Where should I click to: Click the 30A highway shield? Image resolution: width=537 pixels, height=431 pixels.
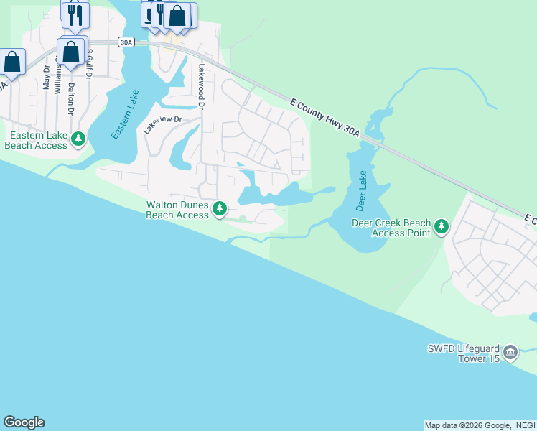point(126,42)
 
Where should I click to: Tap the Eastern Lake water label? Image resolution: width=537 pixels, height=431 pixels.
point(125,114)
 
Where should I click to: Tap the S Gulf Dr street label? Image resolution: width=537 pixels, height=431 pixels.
point(90,64)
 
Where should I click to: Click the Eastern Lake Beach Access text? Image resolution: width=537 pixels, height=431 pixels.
point(36,140)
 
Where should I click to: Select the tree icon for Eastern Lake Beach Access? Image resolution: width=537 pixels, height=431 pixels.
point(79,139)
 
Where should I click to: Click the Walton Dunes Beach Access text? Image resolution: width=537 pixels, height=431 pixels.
point(177,210)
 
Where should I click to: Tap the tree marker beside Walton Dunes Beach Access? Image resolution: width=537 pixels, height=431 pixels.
point(220,209)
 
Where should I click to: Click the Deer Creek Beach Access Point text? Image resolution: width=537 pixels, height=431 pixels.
point(391,228)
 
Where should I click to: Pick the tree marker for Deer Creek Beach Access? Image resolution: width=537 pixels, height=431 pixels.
point(442,227)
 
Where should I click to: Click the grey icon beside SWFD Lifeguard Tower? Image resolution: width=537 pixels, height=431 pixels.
point(510,352)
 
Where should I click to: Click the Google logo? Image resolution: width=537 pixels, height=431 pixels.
point(24,422)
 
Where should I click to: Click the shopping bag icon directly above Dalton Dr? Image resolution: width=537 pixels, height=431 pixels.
point(71,52)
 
